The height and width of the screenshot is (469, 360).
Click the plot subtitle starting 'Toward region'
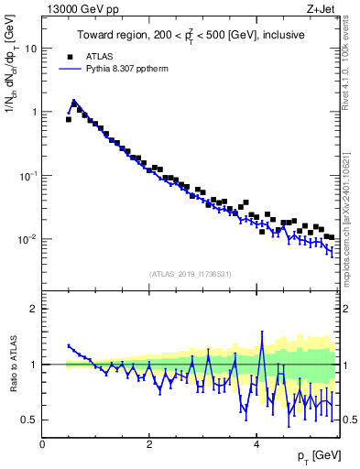click(191, 35)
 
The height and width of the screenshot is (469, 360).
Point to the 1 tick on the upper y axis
click(35, 112)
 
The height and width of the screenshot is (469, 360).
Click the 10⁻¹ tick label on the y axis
click(29, 175)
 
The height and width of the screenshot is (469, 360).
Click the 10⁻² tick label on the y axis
click(29, 239)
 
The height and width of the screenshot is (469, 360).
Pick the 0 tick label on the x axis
click(42, 443)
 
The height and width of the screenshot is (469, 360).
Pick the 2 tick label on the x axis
click(149, 443)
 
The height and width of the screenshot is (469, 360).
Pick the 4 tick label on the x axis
click(256, 443)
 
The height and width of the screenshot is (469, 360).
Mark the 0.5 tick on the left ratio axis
click(30, 420)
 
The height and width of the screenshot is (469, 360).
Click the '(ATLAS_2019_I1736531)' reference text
click(191, 274)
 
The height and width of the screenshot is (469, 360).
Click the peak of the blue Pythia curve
click(73, 102)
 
